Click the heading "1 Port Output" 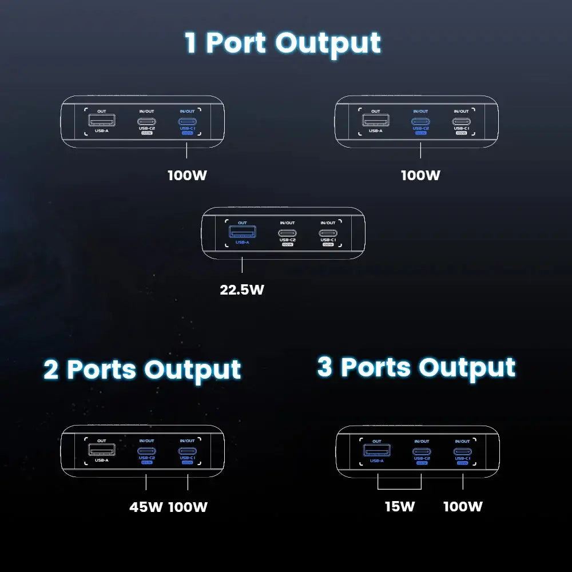coord(283,43)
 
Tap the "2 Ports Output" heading coord(142,370)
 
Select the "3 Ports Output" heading coord(416,367)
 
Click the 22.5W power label coord(242,289)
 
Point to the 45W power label coord(147,507)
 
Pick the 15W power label coord(399,506)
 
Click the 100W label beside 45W coord(188,507)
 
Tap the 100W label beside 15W coord(463,506)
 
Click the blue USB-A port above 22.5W coord(243,232)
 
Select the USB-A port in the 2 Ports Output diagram coord(102,450)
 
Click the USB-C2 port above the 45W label coord(146,451)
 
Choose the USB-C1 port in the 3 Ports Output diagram coord(463,451)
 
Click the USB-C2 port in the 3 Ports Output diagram coord(422,451)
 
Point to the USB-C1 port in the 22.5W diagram coord(328,233)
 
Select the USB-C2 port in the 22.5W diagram coord(287,233)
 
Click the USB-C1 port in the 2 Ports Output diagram coord(188,451)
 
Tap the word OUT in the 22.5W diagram coord(243,223)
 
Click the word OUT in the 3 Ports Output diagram coord(376,441)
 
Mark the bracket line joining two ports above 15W coord(399,489)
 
